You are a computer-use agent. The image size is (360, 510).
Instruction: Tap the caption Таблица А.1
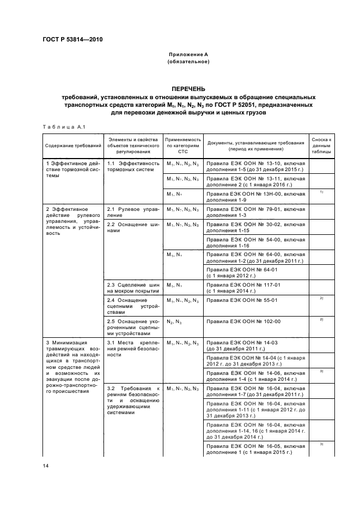61,127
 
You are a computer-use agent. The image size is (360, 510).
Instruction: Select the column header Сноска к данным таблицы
321,146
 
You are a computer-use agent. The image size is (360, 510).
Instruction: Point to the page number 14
46,464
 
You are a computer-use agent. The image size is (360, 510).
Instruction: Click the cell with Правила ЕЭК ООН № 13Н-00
255,196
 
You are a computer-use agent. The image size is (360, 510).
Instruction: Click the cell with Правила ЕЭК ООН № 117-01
255,288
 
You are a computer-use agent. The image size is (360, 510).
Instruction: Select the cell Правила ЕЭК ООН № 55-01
255,301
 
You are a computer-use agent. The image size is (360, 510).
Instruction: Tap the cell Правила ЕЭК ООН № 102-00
255,322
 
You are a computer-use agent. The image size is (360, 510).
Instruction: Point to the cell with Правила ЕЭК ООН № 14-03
255,345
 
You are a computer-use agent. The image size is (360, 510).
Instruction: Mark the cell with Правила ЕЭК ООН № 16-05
255,449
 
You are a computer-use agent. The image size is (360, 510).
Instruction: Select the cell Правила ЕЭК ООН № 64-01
255,272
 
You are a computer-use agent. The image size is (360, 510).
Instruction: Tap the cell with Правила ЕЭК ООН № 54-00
255,242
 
